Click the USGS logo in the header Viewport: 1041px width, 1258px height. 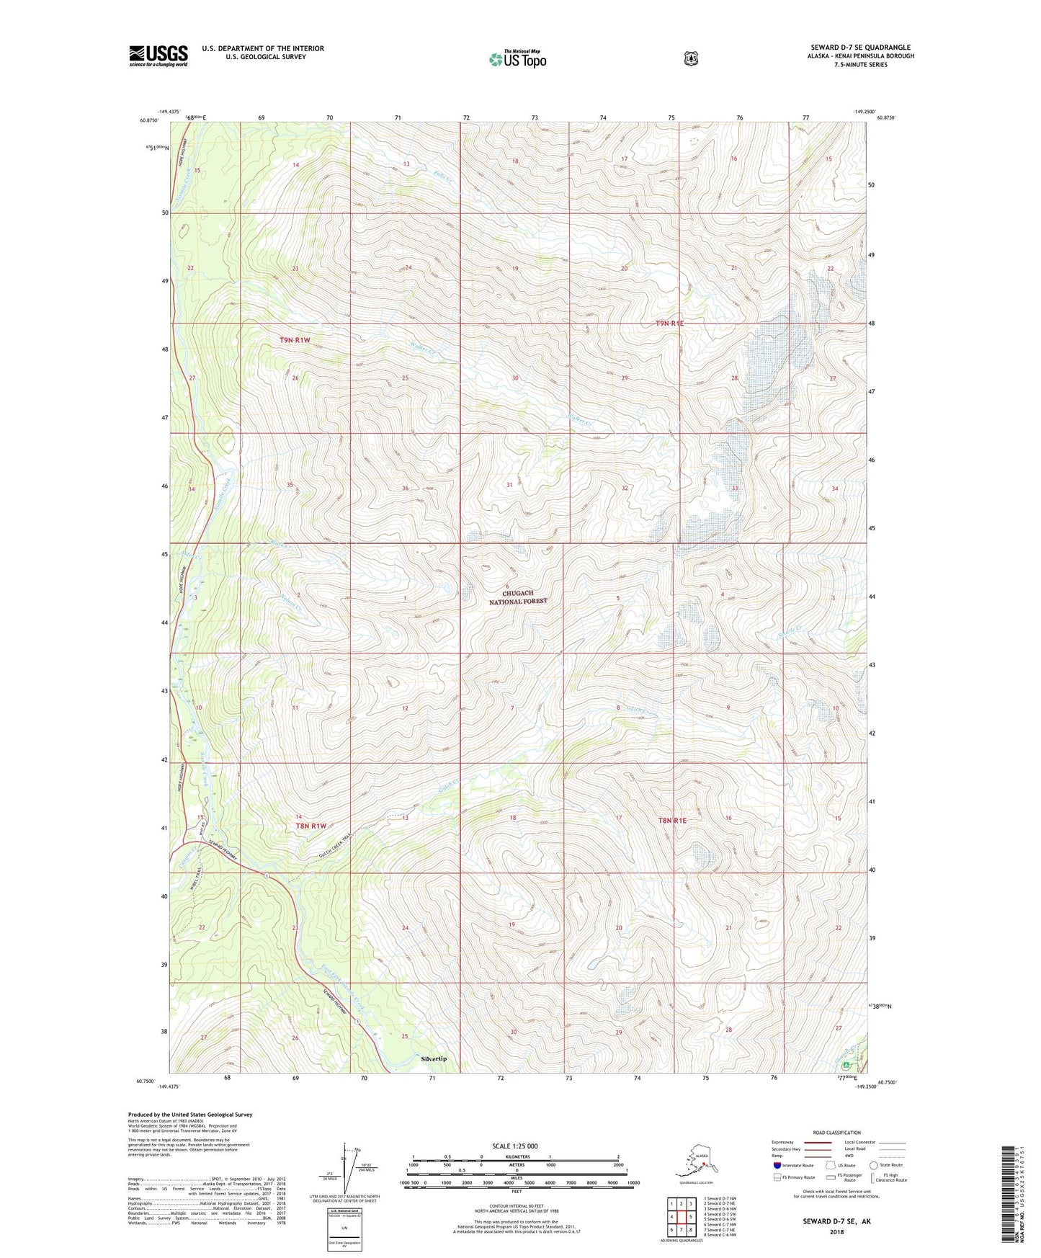[x=158, y=55]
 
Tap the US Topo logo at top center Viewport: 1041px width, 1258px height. [x=517, y=58]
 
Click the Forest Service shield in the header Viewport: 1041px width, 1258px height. [x=691, y=58]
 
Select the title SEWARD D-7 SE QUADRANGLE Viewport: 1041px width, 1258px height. [x=860, y=48]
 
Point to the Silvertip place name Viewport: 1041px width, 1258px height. [x=434, y=1058]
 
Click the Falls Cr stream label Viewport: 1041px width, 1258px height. [x=442, y=174]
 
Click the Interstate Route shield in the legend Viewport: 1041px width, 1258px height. [x=777, y=1165]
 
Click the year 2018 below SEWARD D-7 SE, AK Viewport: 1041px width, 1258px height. [x=836, y=1231]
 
